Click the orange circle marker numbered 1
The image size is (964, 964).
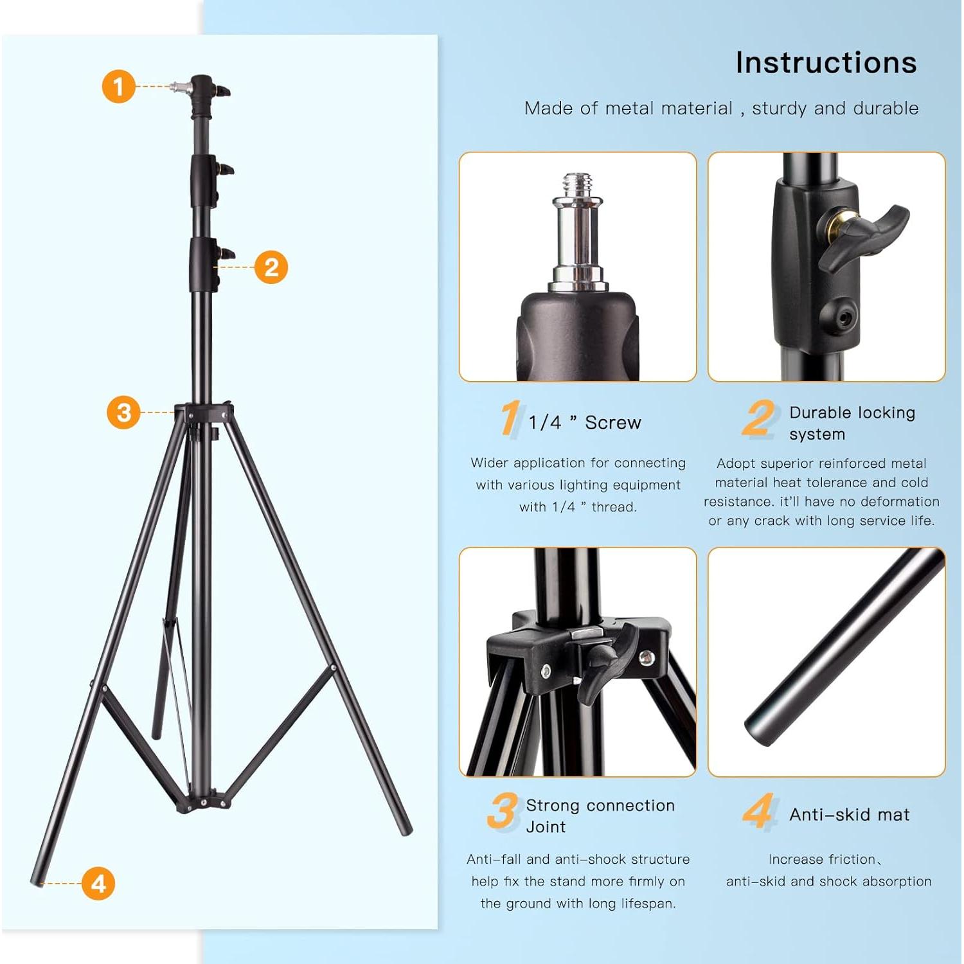point(119,86)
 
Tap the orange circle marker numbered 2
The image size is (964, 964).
point(271,267)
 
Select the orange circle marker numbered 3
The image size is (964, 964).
point(123,412)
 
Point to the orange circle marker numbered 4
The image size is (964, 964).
point(98,883)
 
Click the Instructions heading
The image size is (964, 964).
point(826,63)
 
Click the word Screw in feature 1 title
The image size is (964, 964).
point(612,423)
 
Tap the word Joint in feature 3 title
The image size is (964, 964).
point(546,827)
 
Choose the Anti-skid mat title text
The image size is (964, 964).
point(849,815)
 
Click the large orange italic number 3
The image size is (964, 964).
point(502,811)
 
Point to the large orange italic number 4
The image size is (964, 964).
point(758,811)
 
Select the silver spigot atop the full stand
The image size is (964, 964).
point(179,86)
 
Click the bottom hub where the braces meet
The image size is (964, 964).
point(203,802)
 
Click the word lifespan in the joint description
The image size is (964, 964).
point(648,904)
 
